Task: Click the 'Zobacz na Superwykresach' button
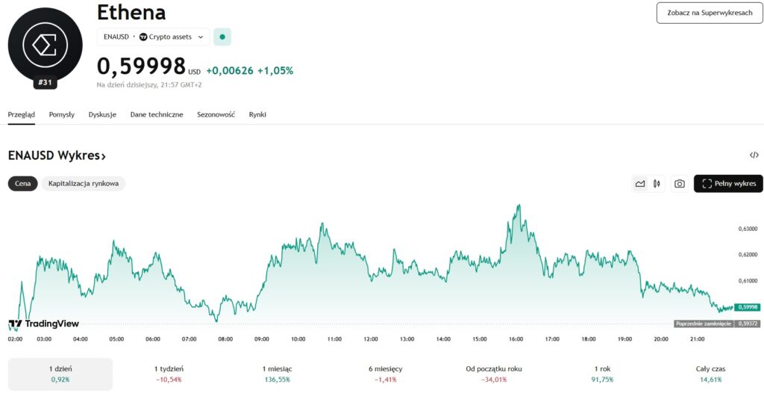coord(710,13)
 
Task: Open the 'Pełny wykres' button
coord(728,184)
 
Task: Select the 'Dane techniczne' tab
coord(156,114)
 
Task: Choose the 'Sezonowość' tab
coord(216,114)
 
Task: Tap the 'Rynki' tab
coord(257,114)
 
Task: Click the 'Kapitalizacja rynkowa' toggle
coord(83,184)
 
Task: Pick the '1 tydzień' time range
coord(169,374)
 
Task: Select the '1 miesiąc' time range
coord(276,374)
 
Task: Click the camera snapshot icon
coord(679,184)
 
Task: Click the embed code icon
coord(754,155)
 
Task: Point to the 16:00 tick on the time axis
coord(516,338)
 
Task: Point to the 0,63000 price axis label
coord(747,229)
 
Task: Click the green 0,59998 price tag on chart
coord(747,307)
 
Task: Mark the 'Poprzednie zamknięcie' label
coord(704,324)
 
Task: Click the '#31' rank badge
coord(45,83)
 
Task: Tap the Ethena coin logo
coord(45,44)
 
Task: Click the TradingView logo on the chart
coord(43,324)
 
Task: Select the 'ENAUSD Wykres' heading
coord(57,155)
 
